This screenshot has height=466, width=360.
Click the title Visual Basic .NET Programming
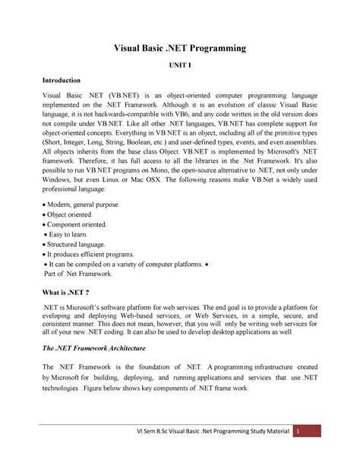[180, 49]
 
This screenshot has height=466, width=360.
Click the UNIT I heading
[180, 67]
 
